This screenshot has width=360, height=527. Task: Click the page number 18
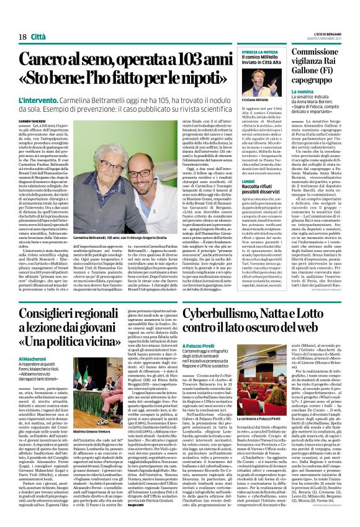tap(13, 20)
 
